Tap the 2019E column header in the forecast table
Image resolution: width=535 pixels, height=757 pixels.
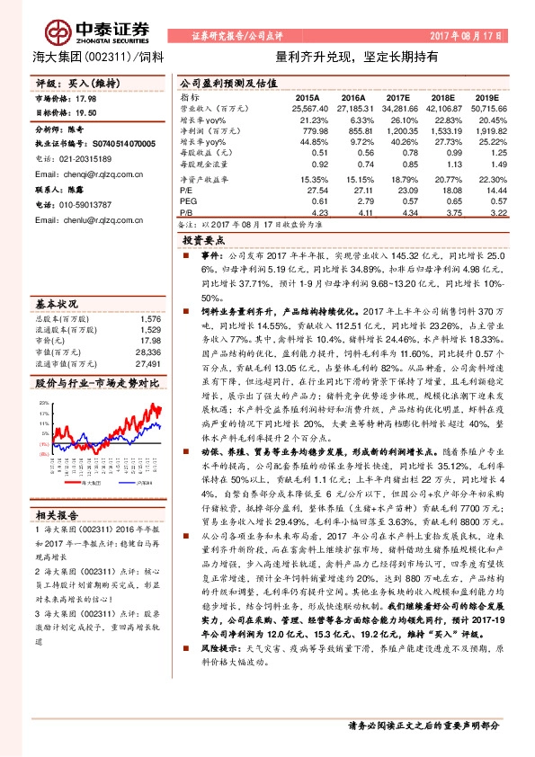click(x=486, y=97)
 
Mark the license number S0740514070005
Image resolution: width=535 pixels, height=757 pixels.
click(x=120, y=142)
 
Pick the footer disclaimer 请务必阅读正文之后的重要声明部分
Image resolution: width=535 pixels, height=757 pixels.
click(x=424, y=725)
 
